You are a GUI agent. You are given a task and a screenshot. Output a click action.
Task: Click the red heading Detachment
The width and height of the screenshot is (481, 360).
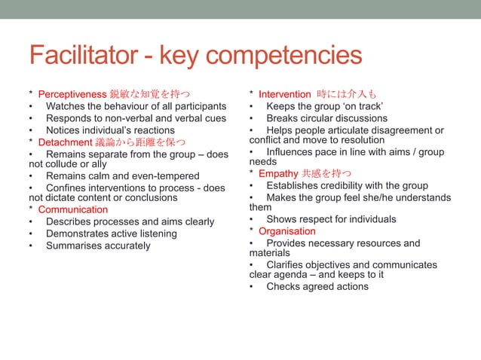[69, 142]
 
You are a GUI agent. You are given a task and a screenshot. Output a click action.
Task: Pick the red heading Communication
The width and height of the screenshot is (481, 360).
[73, 209]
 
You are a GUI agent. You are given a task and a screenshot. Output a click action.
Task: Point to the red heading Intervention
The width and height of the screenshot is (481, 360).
[284, 94]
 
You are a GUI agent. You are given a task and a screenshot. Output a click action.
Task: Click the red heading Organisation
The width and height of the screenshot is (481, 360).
[289, 230]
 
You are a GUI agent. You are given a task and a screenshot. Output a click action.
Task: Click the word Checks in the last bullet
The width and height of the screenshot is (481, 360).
[285, 286]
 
